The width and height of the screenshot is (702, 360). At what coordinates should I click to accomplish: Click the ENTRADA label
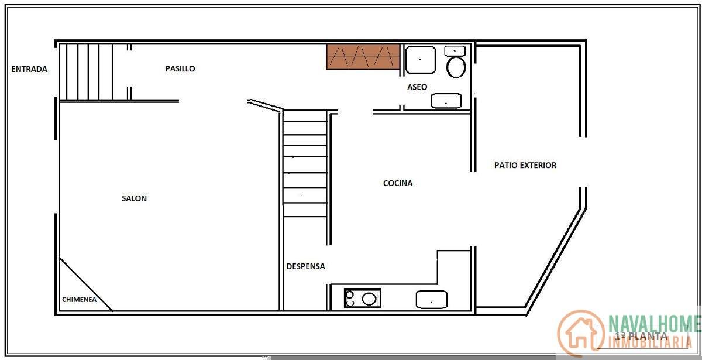coord(29,69)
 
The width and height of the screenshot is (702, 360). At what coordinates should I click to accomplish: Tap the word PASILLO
coord(180,68)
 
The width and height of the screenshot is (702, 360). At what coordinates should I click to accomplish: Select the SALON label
coord(134,198)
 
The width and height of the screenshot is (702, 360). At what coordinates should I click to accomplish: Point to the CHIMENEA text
coord(79,300)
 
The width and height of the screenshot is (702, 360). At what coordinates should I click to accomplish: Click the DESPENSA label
coord(305,266)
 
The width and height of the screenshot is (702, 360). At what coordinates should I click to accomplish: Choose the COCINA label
coord(398,183)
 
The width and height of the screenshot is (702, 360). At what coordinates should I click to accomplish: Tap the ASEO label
coord(417,87)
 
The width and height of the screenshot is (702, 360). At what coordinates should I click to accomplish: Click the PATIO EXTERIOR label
coord(525,165)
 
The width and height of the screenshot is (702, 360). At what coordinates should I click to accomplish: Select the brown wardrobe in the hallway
coord(363,57)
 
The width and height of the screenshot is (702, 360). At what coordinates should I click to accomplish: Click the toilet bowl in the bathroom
coord(456,67)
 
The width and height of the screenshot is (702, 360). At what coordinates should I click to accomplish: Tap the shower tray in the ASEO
coord(421,59)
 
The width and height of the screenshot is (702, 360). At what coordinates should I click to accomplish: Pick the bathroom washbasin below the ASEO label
coord(446,101)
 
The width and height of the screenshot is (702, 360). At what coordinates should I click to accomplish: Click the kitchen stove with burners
coord(362,299)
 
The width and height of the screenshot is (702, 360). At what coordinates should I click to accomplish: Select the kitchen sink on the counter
coord(431,300)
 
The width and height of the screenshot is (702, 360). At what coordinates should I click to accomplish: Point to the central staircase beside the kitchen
coord(305,164)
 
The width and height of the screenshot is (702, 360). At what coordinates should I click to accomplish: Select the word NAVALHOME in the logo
coord(654,323)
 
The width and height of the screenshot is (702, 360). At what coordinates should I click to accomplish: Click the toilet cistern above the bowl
coord(455,51)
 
